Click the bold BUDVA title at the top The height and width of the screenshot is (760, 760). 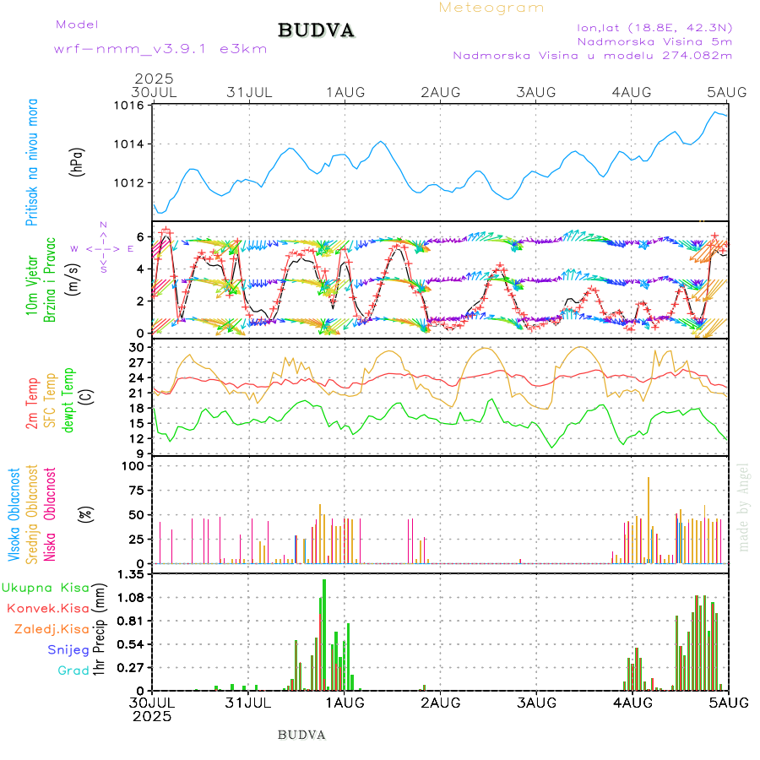316,31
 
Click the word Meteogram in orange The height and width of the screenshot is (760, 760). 491,8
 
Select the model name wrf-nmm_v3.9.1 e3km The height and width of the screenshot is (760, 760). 160,49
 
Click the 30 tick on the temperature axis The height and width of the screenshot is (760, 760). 137,347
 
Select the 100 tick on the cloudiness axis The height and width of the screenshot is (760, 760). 133,465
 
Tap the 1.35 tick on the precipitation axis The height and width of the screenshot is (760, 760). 131,574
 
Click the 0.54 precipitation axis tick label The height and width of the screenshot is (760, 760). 131,644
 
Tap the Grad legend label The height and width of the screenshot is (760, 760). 73,670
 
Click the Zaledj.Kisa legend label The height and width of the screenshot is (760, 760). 52,629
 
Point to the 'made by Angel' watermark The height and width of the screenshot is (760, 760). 744,507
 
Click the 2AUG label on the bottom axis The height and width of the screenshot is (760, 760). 440,703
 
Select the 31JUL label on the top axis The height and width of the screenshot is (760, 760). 249,91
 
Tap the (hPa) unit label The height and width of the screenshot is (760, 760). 78,160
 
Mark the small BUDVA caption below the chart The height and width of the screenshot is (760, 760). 301,735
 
